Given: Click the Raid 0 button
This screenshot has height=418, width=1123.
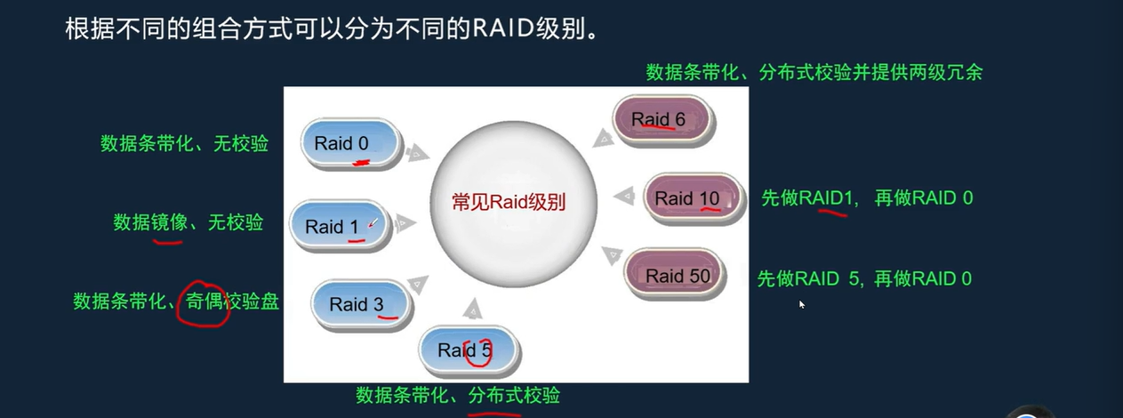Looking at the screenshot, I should [350, 143].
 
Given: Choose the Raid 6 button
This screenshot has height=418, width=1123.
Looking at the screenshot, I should [662, 119].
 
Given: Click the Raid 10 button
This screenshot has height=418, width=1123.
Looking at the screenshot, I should [692, 198].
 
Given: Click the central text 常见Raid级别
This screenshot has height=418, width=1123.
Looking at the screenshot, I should [509, 201].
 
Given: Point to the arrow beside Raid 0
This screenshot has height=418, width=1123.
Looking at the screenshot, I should [415, 154].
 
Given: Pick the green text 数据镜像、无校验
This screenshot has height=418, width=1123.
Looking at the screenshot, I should [188, 222].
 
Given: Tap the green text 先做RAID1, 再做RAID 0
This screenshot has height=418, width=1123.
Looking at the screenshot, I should [866, 198].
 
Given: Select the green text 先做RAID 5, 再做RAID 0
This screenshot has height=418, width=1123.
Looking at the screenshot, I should [863, 278].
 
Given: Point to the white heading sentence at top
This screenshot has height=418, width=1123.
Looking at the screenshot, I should [329, 30].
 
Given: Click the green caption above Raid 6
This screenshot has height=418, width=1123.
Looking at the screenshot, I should [814, 72].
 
